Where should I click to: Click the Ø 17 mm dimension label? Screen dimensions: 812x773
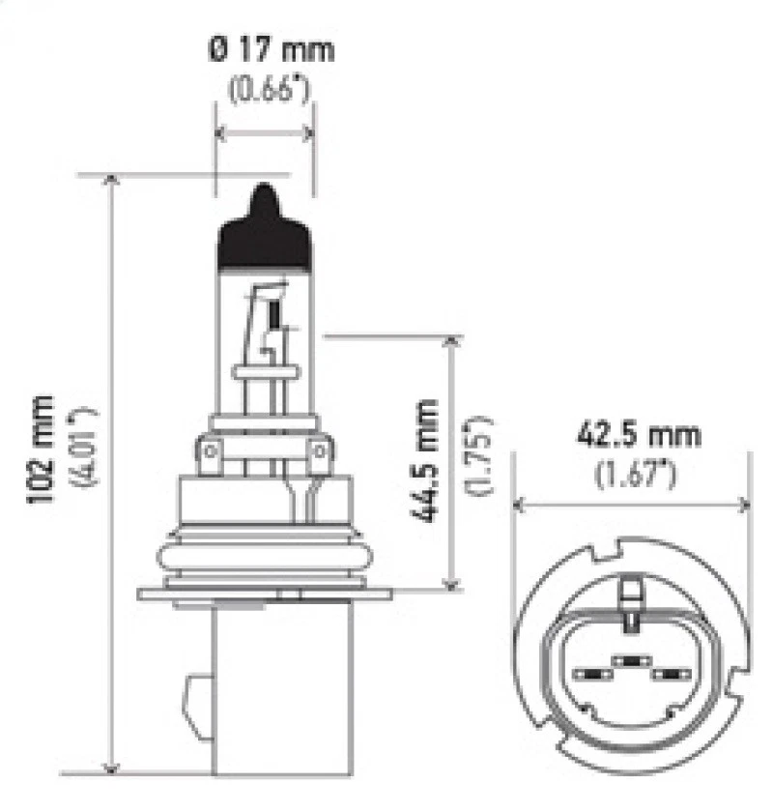pos(270,48)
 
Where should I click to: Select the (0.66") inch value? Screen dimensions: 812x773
pos(270,91)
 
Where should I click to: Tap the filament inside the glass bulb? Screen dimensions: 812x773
pos(274,315)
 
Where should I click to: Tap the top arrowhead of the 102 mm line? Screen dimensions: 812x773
pos(114,181)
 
